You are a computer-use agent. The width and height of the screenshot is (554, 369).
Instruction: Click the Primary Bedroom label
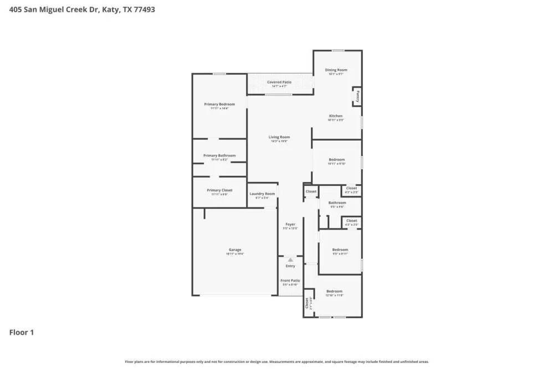219,104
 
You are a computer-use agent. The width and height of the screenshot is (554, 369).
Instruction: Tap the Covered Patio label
279,82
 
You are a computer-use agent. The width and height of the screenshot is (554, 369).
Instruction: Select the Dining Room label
336,70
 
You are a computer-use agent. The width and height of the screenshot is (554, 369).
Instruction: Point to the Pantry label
358,97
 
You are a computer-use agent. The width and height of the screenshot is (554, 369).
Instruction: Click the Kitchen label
336,116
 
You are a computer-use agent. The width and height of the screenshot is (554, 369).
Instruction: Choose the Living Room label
279,137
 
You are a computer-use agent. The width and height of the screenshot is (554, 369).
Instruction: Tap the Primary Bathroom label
219,155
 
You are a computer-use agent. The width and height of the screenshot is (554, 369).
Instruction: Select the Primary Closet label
219,190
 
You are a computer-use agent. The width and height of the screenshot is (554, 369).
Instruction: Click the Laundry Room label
262,194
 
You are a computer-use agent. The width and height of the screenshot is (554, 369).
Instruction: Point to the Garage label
235,250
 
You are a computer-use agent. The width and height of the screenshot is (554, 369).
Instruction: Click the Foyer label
290,224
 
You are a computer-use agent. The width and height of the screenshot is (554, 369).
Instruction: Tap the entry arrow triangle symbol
290,259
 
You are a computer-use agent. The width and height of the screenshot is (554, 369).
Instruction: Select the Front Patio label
290,280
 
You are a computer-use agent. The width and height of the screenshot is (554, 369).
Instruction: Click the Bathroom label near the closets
337,202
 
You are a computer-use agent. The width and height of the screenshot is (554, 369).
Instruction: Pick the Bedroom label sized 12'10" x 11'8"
334,291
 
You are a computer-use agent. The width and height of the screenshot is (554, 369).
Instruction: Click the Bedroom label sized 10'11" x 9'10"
336,159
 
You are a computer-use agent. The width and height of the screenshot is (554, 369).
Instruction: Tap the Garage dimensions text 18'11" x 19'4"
235,254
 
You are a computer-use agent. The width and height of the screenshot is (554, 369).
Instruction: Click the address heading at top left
82,9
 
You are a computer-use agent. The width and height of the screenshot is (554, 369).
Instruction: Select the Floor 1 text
22,332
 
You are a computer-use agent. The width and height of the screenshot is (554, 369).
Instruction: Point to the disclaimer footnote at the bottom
277,362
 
